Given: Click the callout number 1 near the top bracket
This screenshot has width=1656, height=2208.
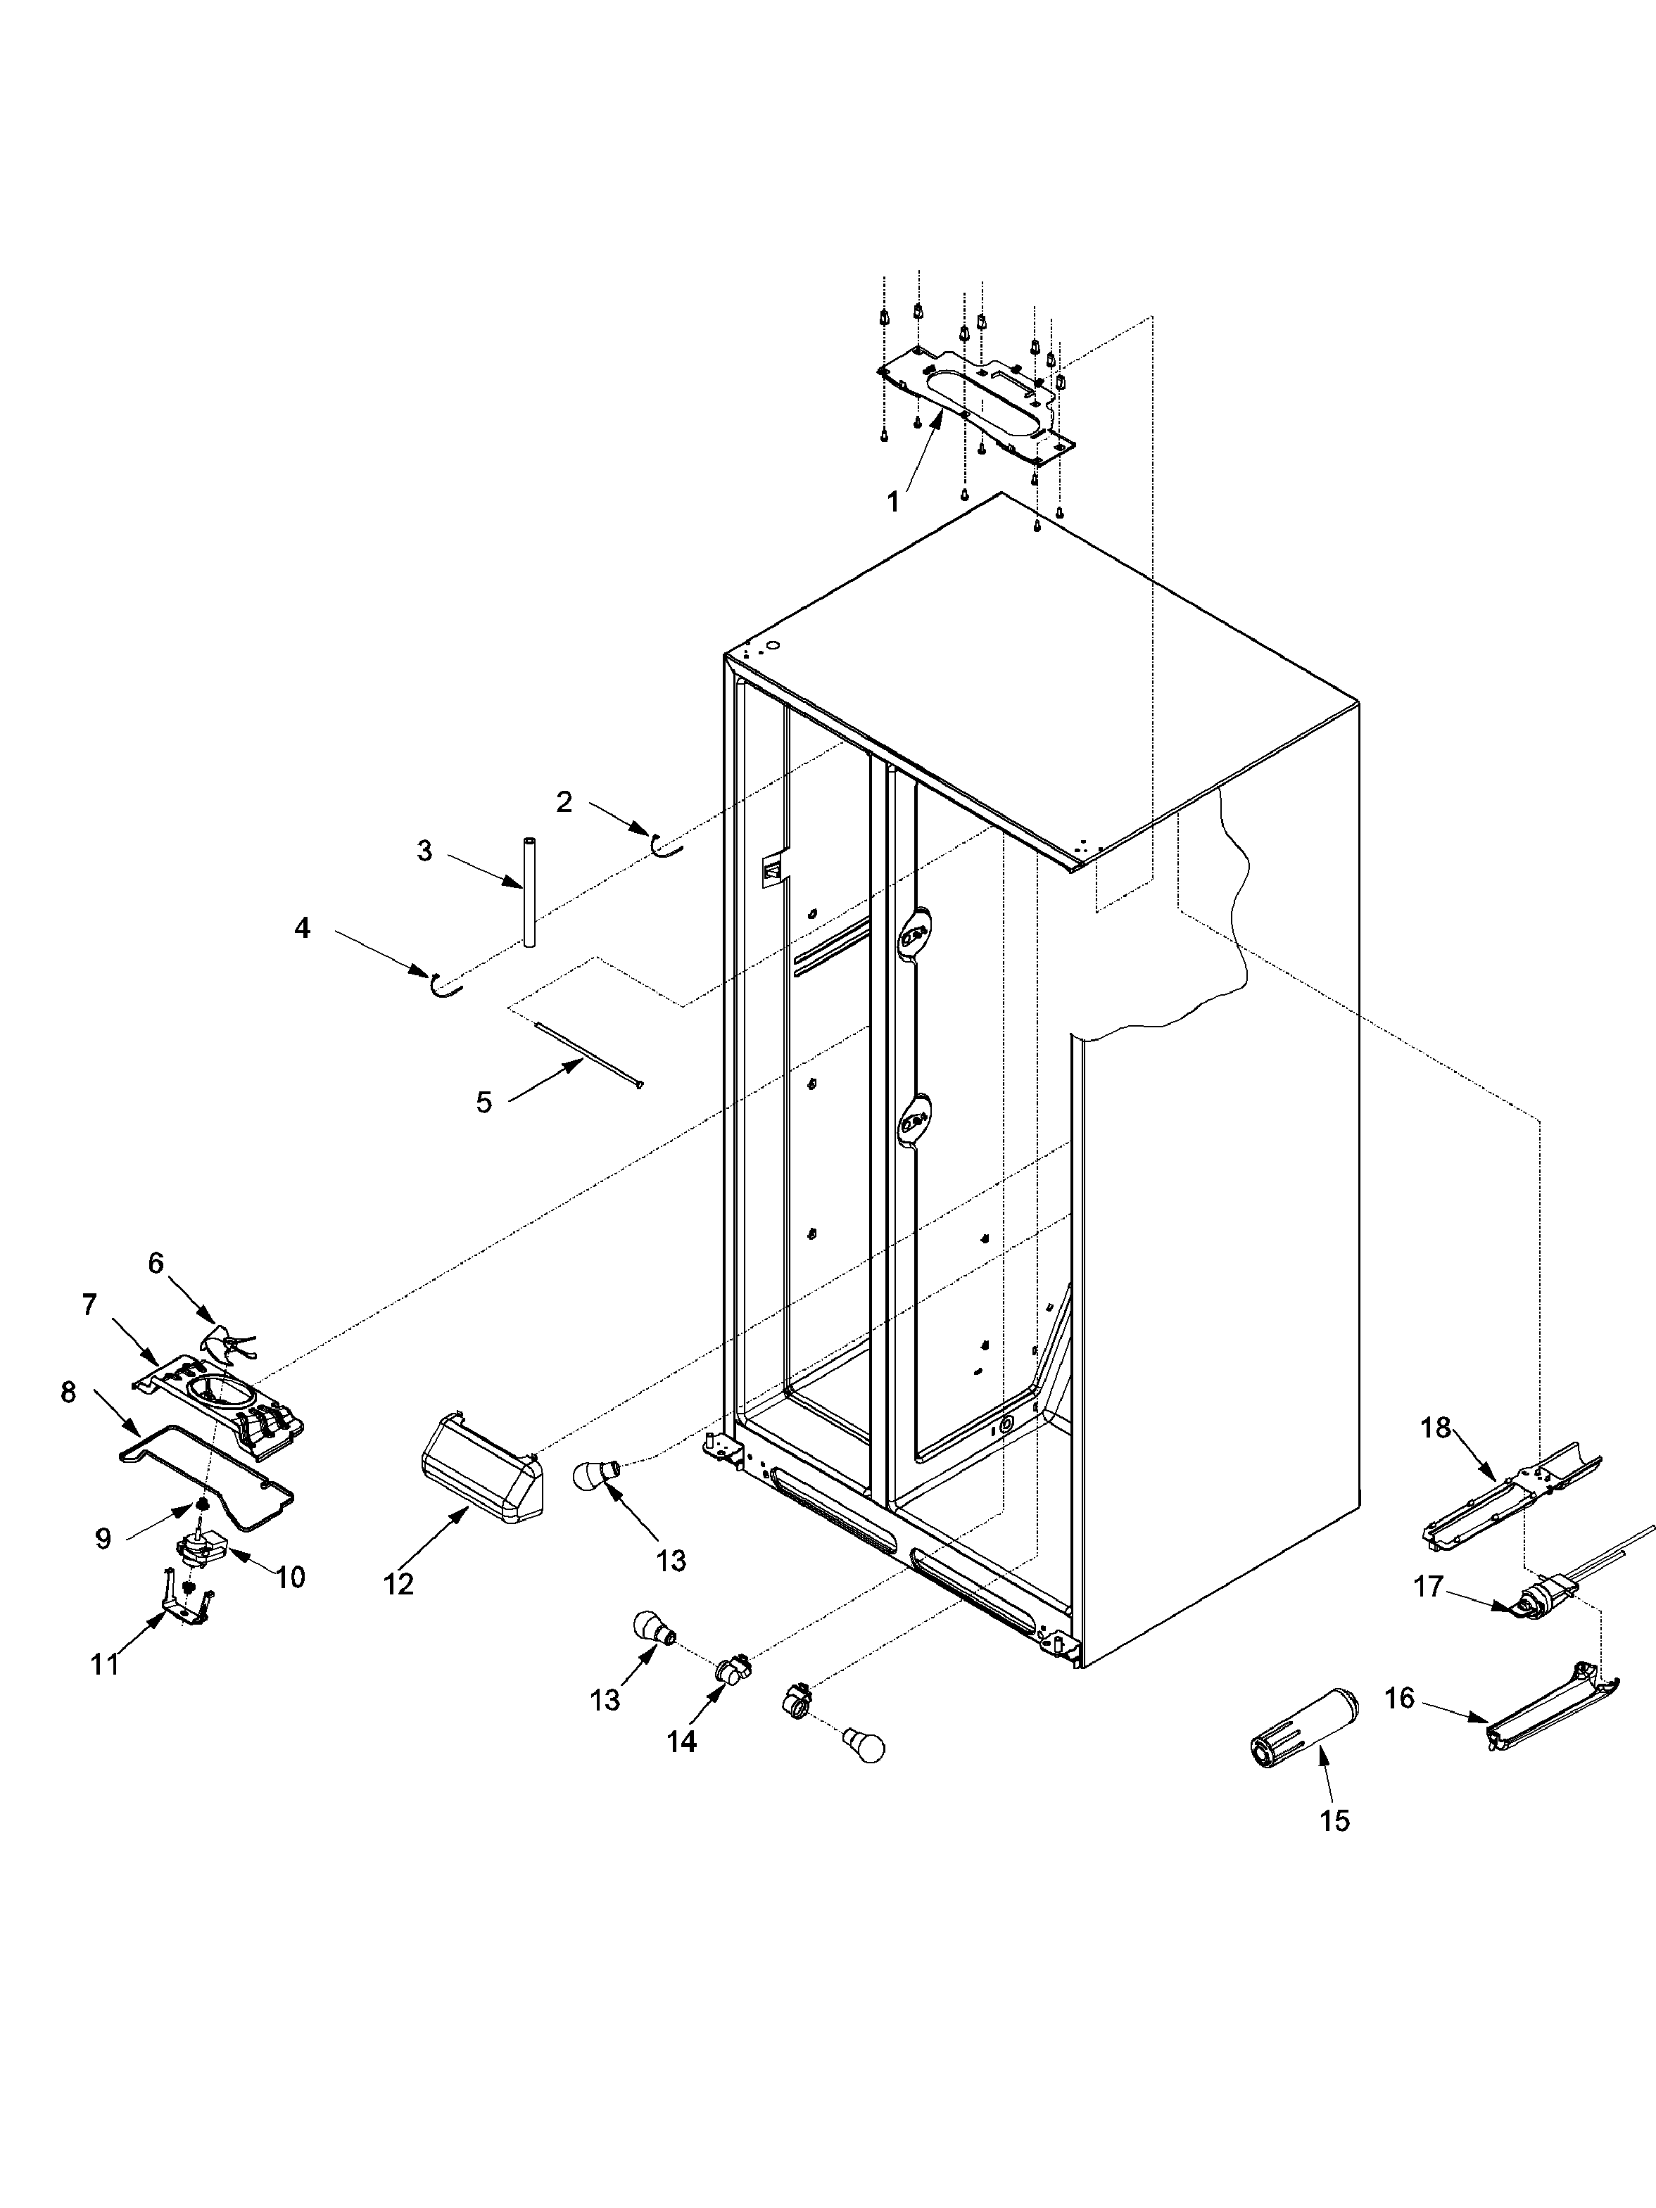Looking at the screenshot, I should (x=893, y=503).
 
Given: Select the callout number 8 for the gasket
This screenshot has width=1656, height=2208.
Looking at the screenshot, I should (x=68, y=1392).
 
